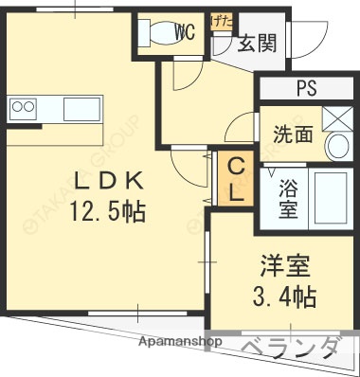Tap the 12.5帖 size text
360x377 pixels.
107,212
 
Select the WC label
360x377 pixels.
185,31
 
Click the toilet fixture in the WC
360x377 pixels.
157,32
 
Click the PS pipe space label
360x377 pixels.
305,89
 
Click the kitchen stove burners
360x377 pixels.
22,107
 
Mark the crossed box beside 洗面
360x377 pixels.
334,118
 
